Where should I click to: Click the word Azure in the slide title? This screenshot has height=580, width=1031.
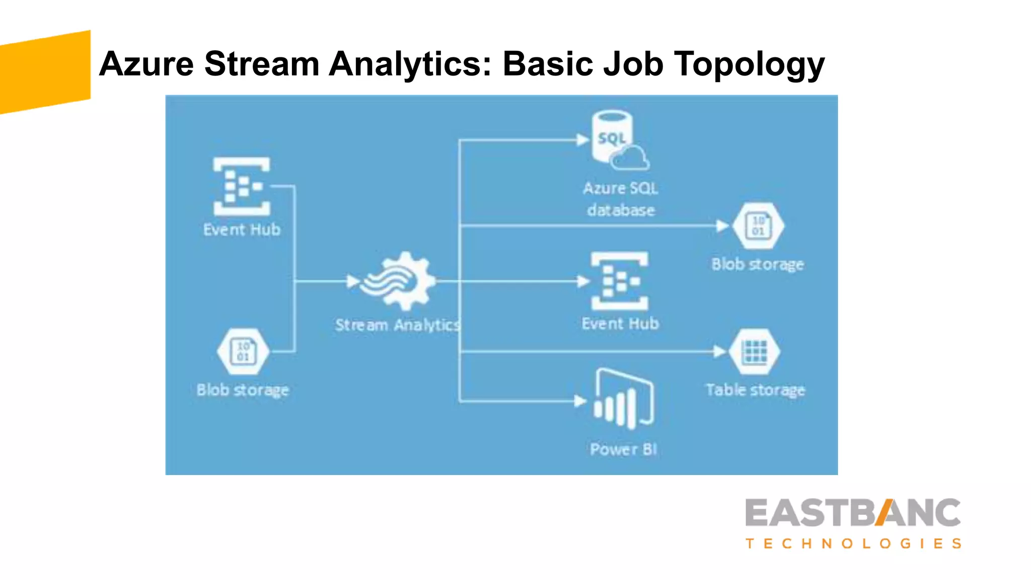(x=146, y=64)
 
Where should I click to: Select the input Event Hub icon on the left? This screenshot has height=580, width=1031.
(x=241, y=186)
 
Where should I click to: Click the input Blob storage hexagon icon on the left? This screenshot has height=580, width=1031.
(x=243, y=351)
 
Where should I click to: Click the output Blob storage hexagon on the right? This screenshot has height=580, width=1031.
(x=758, y=226)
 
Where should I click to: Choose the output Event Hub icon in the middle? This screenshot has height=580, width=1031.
(x=620, y=281)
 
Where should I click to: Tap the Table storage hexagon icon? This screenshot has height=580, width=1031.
(x=754, y=351)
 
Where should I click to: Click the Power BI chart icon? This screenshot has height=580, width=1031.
(x=624, y=399)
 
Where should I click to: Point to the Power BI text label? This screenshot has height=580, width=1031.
(x=623, y=449)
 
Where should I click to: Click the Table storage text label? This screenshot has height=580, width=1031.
(x=755, y=390)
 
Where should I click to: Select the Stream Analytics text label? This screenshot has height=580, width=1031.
(x=398, y=325)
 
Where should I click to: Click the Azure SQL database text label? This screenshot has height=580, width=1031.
(x=621, y=199)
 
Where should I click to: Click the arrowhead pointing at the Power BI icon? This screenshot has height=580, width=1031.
(x=580, y=401)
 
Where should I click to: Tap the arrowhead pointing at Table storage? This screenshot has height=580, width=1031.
(x=720, y=351)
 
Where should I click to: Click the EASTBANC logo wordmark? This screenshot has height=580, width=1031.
(x=853, y=513)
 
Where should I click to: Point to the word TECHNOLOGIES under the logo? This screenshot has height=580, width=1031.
(x=853, y=544)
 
